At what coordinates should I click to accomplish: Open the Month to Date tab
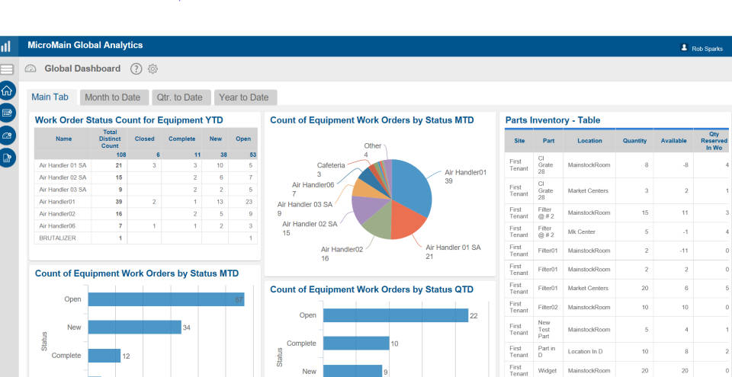[112, 97]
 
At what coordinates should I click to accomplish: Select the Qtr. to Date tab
[179, 97]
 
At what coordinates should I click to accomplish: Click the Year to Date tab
[243, 97]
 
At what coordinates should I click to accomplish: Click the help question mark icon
[136, 69]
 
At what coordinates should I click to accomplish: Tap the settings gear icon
[152, 69]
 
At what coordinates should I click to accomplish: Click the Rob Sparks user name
[707, 48]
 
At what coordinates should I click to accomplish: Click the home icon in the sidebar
[7, 91]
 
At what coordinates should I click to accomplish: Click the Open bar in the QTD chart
[395, 315]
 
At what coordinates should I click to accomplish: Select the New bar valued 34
[134, 327]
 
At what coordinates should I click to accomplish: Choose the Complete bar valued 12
[104, 355]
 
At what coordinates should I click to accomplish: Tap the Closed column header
[144, 139]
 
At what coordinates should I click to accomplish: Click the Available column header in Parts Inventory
[673, 141]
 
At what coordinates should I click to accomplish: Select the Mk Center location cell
[582, 231]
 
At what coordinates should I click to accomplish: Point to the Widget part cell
[548, 371]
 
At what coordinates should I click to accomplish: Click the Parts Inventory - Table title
[552, 120]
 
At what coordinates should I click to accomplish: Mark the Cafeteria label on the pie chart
[332, 165]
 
